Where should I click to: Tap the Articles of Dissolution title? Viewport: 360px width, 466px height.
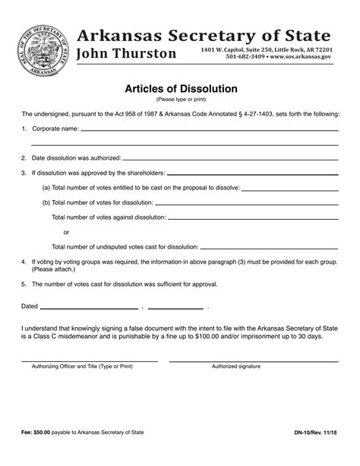(x=180, y=87)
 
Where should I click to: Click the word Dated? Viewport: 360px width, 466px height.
(x=29, y=306)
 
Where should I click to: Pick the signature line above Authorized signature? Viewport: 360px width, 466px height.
(x=258, y=358)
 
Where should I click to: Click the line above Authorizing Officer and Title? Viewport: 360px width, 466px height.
(x=90, y=358)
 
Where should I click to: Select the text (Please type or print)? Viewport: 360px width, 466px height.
(x=180, y=99)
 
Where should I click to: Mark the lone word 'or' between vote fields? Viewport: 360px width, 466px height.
(x=67, y=233)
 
